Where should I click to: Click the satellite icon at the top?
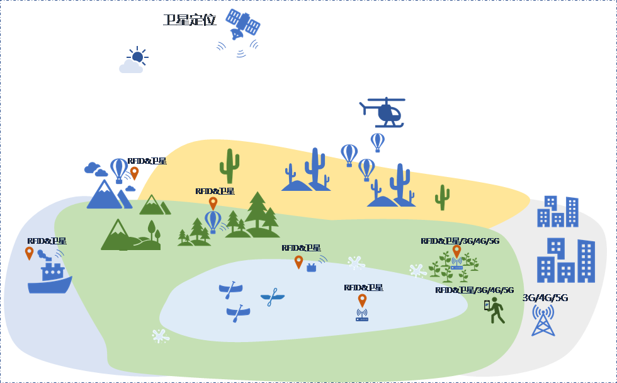click(x=242, y=25)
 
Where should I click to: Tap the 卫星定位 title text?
click(x=190, y=20)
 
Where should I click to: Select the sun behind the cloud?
click(x=137, y=56)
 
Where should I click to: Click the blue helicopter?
click(x=385, y=112)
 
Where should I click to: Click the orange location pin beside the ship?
click(x=29, y=253)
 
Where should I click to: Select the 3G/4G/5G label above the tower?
click(x=545, y=297)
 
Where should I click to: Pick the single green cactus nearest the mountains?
click(x=229, y=166)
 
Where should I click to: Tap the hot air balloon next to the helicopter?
click(x=377, y=142)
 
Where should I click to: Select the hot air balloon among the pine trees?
click(x=213, y=221)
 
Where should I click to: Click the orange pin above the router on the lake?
click(x=362, y=300)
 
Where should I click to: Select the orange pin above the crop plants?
click(x=456, y=251)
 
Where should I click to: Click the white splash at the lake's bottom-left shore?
click(x=161, y=335)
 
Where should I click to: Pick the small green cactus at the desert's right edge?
click(x=443, y=197)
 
